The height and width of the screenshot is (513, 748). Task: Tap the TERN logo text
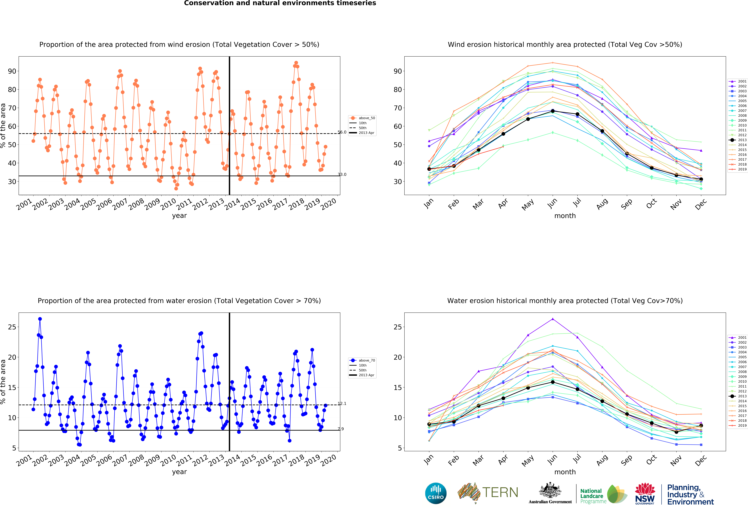pyautogui.click(x=500, y=492)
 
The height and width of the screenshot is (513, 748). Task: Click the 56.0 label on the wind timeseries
pyautogui.click(x=342, y=132)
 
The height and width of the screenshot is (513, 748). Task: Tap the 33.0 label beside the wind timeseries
pyautogui.click(x=342, y=175)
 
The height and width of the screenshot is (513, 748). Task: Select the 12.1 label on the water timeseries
pyautogui.click(x=342, y=404)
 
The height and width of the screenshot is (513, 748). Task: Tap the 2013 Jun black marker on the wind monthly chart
pyautogui.click(x=553, y=111)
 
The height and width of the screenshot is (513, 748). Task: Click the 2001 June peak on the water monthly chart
pyautogui.click(x=553, y=319)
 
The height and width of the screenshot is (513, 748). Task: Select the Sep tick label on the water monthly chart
pyautogui.click(x=626, y=460)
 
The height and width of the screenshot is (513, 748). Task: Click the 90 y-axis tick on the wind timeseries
pyautogui.click(x=12, y=71)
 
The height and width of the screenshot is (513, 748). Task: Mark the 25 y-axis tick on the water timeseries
pyautogui.click(x=12, y=327)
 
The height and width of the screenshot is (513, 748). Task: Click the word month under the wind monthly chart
pyautogui.click(x=565, y=216)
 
